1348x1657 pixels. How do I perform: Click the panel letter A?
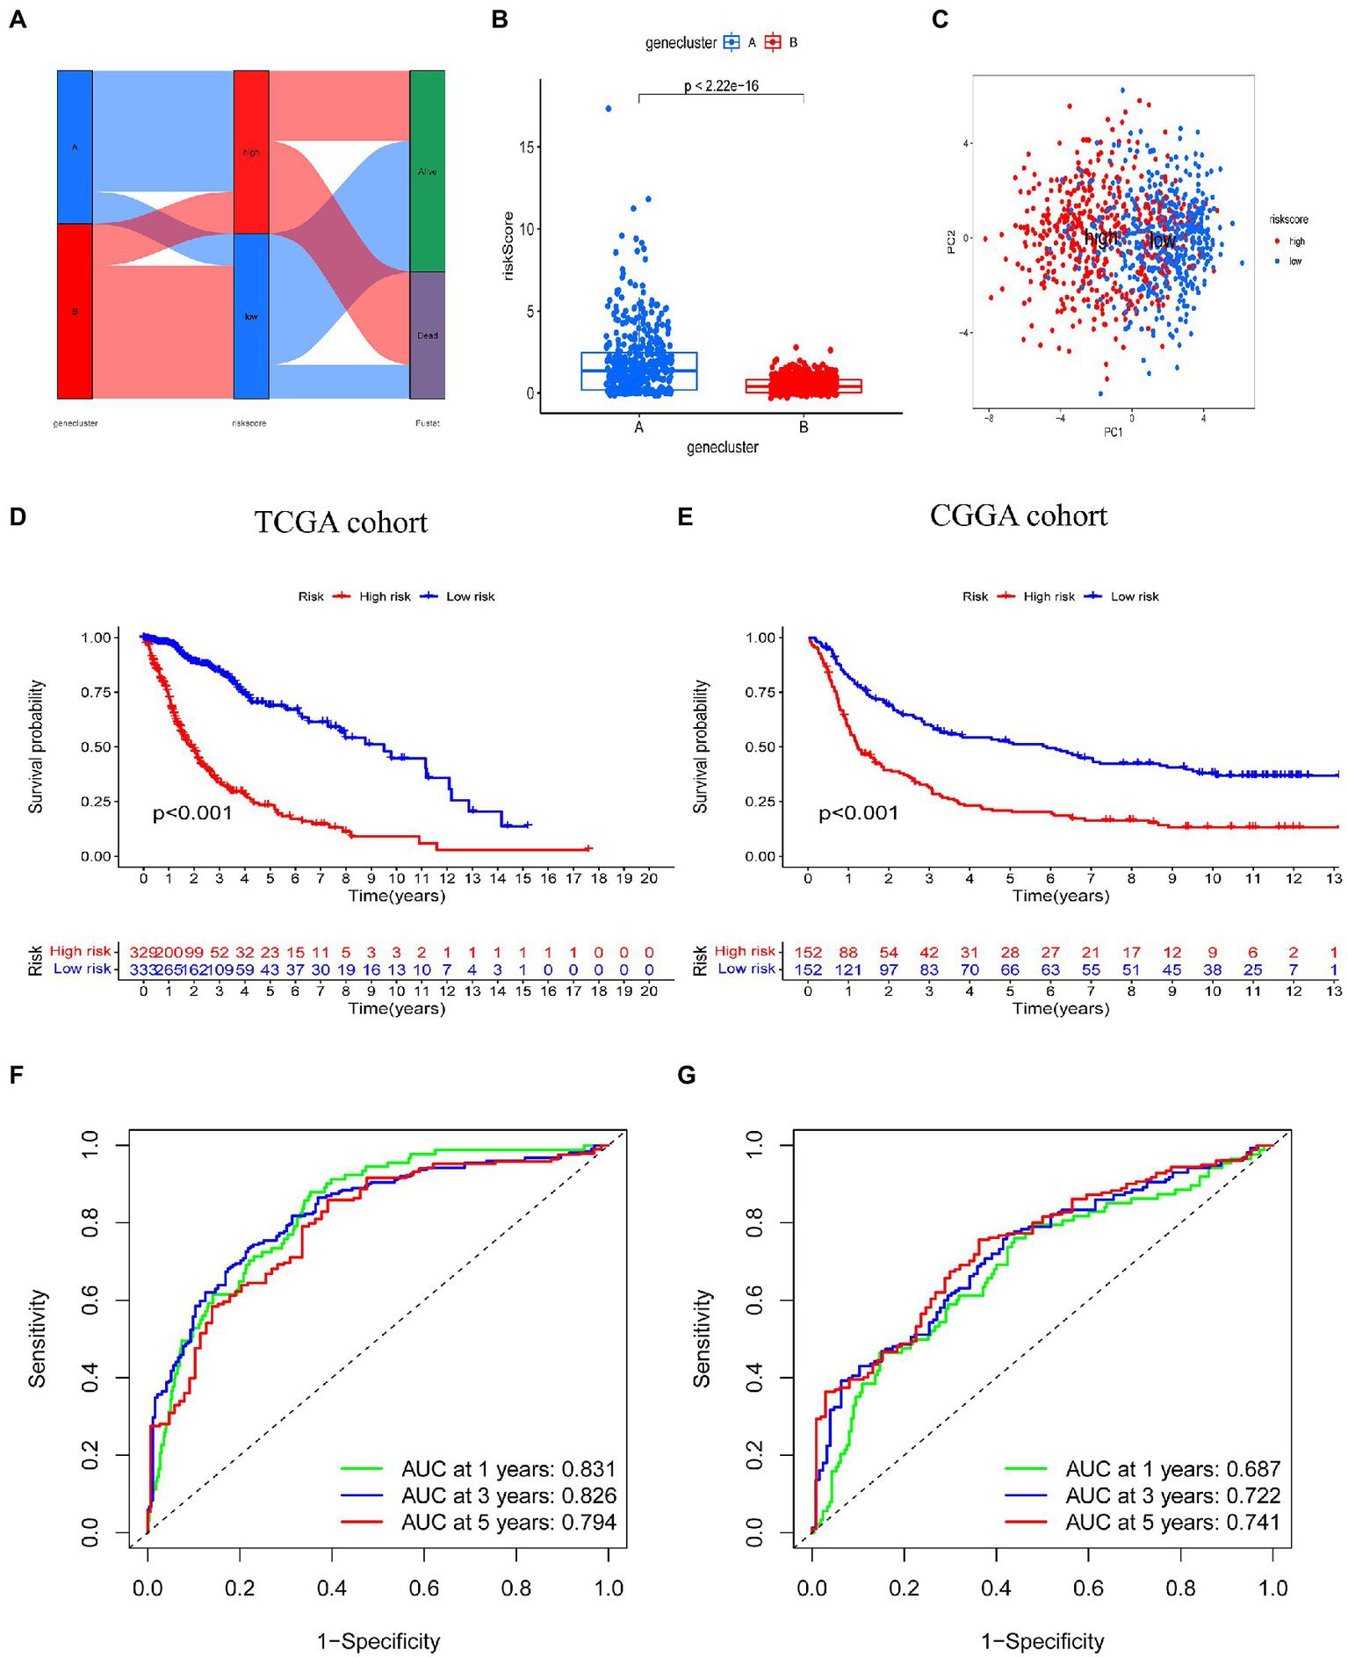pos(18,19)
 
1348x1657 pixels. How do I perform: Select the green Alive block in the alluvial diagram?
pos(427,171)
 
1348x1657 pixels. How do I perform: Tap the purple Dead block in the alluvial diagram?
pos(427,335)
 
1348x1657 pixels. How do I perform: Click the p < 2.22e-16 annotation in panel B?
pos(721,86)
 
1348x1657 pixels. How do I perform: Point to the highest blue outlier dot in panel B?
pos(609,109)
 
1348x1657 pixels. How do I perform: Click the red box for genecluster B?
pos(804,385)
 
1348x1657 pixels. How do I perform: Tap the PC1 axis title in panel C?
pos(1113,432)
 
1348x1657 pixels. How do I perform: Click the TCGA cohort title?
pos(341,522)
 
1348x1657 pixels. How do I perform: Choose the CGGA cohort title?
pos(1019,515)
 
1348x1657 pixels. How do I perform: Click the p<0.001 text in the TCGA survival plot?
pos(192,813)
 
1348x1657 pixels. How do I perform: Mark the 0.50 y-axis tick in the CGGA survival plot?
pos(761,747)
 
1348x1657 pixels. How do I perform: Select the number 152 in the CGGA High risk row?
pos(808,952)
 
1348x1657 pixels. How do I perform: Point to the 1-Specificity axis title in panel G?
pos(1042,1641)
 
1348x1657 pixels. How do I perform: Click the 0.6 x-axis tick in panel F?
pos(424,1588)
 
